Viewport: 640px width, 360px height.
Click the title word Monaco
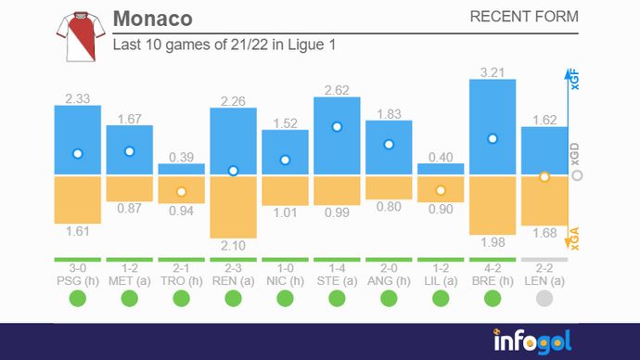pos(152,19)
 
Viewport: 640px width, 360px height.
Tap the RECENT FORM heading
pos(524,18)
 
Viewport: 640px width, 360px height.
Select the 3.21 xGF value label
pos(493,71)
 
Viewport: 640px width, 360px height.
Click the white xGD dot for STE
pos(337,126)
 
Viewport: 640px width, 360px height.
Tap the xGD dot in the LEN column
pos(544,175)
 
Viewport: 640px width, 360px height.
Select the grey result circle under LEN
pos(544,298)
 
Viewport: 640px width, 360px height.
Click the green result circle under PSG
pos(78,298)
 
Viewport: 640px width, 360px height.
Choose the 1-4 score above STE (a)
pos(337,267)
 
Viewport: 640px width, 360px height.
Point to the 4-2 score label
pos(493,267)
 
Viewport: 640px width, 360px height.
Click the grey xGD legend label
pos(574,156)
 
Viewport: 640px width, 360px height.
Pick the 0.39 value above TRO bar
pos(181,157)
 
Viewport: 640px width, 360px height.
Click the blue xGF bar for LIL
pos(441,169)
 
